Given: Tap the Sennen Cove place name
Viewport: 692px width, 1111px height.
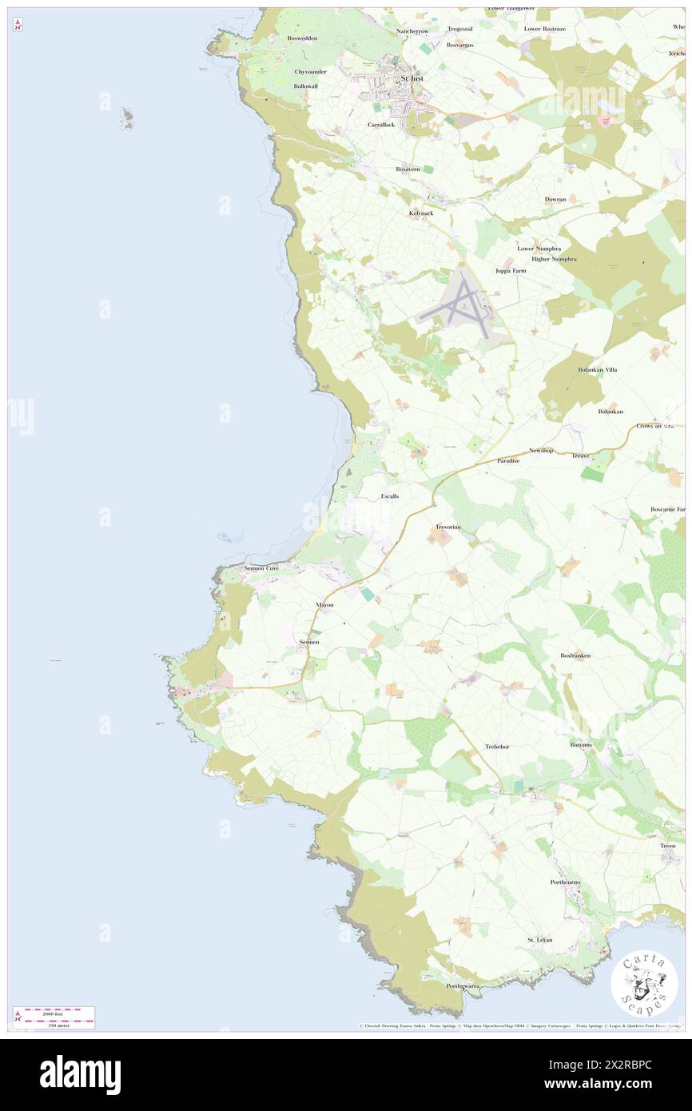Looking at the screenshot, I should click(261, 567).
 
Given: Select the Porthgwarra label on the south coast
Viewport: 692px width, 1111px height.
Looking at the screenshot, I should click(463, 986).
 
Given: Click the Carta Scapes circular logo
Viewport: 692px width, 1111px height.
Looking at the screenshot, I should click(644, 984).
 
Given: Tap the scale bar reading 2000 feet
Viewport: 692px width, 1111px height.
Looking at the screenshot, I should click(54, 1012).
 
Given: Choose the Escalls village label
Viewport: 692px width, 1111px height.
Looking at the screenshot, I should click(389, 496).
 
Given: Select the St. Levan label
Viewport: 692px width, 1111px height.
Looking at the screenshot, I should click(539, 940).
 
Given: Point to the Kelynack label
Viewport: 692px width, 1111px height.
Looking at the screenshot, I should click(421, 213).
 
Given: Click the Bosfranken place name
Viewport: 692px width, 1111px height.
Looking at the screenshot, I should click(575, 655).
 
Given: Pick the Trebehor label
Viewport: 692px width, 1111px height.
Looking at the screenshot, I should click(497, 747).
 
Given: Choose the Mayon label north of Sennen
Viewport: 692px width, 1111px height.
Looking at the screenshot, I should click(324, 605).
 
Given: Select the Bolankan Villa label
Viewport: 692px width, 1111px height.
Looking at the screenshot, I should click(597, 370).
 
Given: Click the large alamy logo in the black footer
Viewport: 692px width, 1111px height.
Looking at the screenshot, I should click(80, 1074).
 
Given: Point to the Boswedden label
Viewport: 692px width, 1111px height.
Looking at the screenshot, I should click(303, 38).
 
